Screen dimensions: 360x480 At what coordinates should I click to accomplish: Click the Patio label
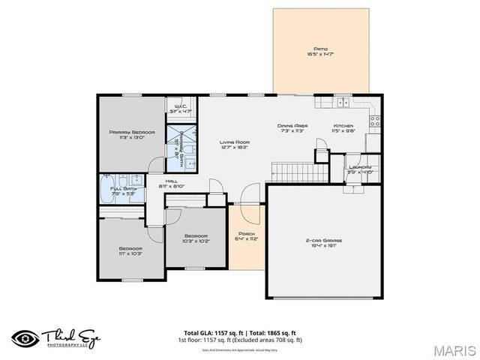(x=321, y=48)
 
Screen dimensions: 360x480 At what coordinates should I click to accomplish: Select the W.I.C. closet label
(x=180, y=106)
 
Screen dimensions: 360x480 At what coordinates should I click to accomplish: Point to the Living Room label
(x=234, y=142)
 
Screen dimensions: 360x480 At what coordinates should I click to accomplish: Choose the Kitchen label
(x=343, y=126)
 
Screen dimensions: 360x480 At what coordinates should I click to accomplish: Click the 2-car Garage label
(x=325, y=241)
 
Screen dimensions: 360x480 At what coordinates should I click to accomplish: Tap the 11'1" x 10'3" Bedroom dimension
(x=130, y=253)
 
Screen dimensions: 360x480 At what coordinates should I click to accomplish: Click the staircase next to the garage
(x=299, y=172)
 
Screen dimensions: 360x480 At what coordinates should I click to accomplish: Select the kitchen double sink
(x=343, y=102)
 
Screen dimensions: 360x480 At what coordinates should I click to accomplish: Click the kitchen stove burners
(x=374, y=120)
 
